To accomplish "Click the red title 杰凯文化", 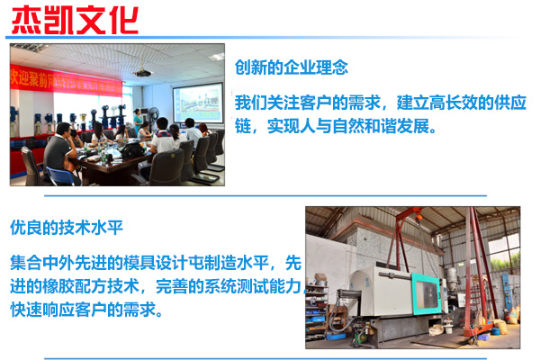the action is [x=75, y=20].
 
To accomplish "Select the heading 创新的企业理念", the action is [x=292, y=67].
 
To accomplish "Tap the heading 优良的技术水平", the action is [x=67, y=228].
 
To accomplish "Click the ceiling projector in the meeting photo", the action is [x=143, y=73].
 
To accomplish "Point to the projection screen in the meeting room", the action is [x=198, y=103].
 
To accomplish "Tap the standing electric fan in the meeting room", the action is [x=153, y=116].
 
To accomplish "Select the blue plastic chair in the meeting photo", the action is [x=60, y=176].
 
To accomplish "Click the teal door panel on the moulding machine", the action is [x=427, y=293].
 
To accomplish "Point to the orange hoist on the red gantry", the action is [x=418, y=218].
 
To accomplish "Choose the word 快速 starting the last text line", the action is [x=26, y=310].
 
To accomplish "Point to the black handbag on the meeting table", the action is [x=131, y=151].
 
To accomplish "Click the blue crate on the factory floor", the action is [x=336, y=337].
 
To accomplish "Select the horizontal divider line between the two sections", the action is [x=265, y=196].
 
